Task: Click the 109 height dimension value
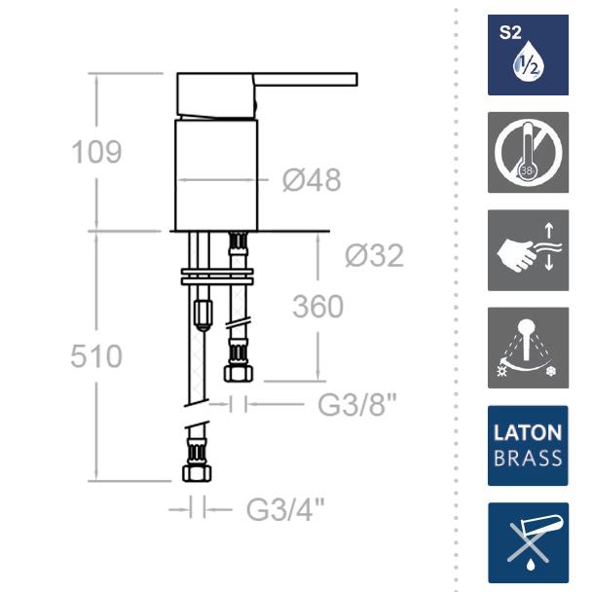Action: tap(96, 152)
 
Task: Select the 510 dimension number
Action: tap(96, 356)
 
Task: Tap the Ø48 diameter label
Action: tap(312, 180)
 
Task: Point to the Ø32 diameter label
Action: tap(375, 256)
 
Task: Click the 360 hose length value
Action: tap(317, 306)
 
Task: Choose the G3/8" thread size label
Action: tap(357, 404)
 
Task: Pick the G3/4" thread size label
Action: tap(285, 509)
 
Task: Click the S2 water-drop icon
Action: tap(528, 55)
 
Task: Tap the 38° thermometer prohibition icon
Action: tap(528, 152)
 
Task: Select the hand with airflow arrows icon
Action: tap(528, 250)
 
